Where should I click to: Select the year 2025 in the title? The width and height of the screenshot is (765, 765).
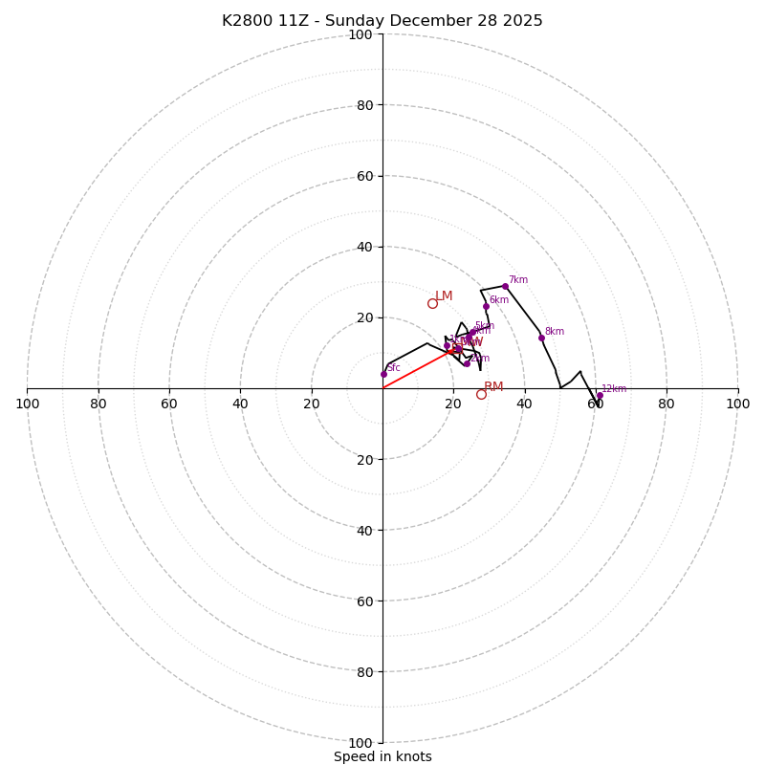point(523,21)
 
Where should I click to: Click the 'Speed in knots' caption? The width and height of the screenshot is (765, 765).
point(382,756)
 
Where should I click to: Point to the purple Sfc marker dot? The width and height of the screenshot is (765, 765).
point(383,374)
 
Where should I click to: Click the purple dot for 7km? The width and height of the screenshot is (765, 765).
point(505,286)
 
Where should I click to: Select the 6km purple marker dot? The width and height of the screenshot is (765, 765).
point(486,307)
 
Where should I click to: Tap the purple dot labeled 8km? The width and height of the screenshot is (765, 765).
point(541,338)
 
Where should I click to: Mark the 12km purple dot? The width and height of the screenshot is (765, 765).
point(600,396)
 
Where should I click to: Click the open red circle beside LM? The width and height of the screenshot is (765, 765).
point(432,303)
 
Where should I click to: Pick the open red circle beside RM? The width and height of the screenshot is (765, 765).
point(481,394)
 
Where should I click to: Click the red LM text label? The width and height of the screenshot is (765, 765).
point(444,296)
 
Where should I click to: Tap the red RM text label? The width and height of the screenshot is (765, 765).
point(493,387)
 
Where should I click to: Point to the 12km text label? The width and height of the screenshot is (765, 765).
point(614,389)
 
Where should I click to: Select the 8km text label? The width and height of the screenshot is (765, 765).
point(555,332)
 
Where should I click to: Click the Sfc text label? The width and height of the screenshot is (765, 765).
point(393,368)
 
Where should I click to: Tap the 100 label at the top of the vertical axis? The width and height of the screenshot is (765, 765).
point(361,34)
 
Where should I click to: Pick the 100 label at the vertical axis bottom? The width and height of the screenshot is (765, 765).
point(361,743)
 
